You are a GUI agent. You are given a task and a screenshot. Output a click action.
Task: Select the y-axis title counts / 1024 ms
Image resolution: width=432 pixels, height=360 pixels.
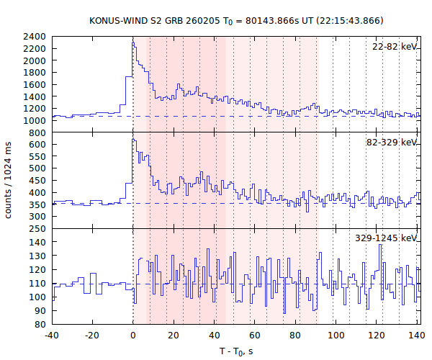click(x=9, y=180)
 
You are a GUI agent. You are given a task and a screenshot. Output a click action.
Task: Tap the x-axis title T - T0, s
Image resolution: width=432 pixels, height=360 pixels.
click(x=236, y=351)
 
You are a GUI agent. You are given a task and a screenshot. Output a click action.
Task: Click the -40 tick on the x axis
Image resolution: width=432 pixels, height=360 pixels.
click(x=51, y=335)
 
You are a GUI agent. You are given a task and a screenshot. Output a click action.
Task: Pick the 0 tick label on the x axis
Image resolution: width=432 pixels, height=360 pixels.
click(x=133, y=335)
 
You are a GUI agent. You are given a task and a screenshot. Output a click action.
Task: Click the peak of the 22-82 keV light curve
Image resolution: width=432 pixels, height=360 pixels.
click(x=133, y=42)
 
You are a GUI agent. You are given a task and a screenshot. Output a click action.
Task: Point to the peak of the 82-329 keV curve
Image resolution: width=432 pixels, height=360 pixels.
click(x=133, y=139)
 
